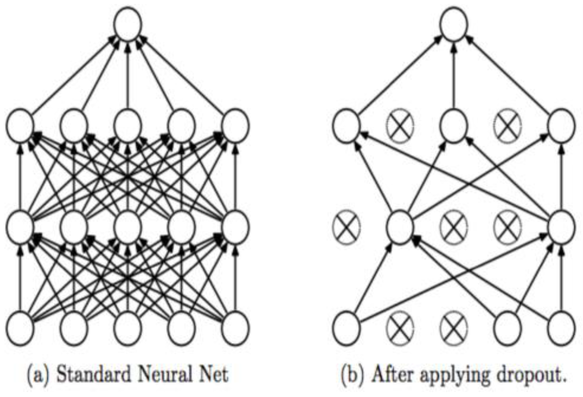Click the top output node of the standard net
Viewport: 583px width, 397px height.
click(127, 24)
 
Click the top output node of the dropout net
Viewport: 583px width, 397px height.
click(453, 24)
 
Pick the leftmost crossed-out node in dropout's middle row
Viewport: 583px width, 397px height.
click(346, 227)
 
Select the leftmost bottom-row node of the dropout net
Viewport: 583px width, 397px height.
click(346, 328)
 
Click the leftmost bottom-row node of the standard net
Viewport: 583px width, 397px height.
click(19, 328)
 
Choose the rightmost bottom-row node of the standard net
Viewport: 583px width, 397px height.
click(235, 328)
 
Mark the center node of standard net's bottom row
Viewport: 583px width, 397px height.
click(127, 328)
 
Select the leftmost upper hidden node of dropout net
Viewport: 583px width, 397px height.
click(346, 126)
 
